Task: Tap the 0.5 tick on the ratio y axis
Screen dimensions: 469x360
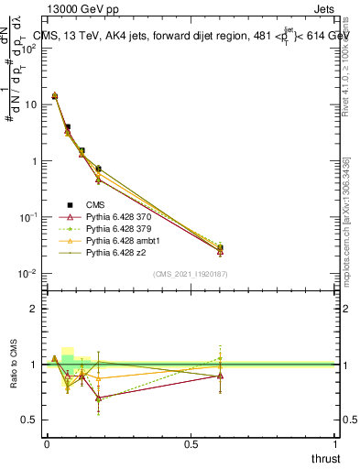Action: pyautogui.click(x=32, y=420)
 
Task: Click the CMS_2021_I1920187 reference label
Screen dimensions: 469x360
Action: pyautogui.click(x=190, y=274)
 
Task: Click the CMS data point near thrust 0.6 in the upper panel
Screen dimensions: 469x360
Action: pyautogui.click(x=220, y=248)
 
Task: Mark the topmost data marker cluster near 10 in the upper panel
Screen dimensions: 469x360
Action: pyautogui.click(x=54, y=95)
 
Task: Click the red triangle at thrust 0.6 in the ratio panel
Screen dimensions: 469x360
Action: pyautogui.click(x=220, y=376)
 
